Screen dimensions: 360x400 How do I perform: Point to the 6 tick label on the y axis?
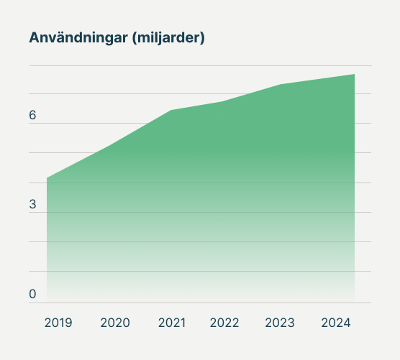pos(33,116)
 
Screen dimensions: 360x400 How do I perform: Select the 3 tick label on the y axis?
pos(33,205)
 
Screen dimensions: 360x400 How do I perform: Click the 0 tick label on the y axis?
pos(33,294)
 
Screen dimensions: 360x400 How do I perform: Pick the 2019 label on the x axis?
pos(58,323)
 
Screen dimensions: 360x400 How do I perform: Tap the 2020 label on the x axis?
pos(115,323)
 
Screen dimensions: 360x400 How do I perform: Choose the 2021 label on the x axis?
pos(171,323)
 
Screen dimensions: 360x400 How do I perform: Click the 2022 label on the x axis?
pos(224,323)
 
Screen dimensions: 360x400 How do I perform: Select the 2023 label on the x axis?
pos(280,323)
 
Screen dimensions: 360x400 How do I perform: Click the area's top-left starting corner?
pos(47,177)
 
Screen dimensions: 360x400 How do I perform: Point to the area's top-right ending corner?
pos(354,75)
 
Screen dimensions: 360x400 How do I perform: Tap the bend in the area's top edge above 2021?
pos(171,110)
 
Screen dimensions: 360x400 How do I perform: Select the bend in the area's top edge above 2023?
pos(281,85)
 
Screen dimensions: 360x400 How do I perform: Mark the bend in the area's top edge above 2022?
pos(223,102)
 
